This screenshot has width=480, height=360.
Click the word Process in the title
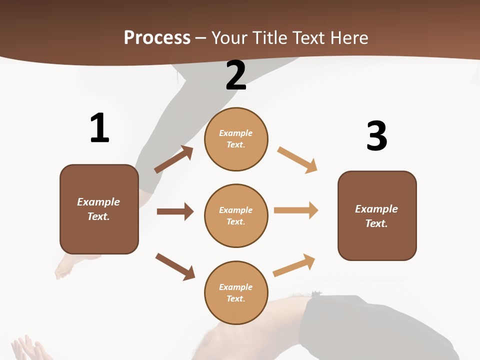tap(157, 38)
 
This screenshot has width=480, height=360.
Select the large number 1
tap(99, 128)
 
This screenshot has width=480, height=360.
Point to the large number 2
tap(236, 75)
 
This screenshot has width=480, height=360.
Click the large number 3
tap(376, 136)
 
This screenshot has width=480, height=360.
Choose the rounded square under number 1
tap(99, 209)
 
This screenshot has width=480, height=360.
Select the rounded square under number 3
tap(377, 215)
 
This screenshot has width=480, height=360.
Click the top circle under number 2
tap(236, 139)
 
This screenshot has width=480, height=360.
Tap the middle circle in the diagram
tap(236, 215)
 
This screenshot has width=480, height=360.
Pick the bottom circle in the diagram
tap(236, 292)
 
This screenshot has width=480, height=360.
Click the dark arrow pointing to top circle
tap(173, 159)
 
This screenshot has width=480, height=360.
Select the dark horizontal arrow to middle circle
tap(175, 211)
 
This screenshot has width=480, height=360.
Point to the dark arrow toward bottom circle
tap(175, 266)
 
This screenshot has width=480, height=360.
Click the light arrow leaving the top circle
tap(297, 160)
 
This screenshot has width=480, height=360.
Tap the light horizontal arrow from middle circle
tap(296, 210)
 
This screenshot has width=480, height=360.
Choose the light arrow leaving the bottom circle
tap(294, 265)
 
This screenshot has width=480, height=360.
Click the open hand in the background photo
tap(27, 348)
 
